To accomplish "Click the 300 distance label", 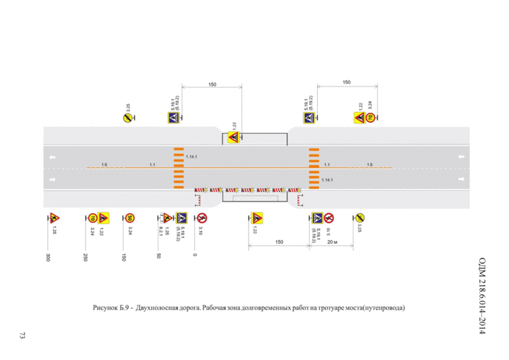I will pyautogui.click(x=47, y=257).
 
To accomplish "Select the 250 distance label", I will pyautogui.click(x=85, y=257).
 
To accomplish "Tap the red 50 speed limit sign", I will pyautogui.click(x=129, y=217).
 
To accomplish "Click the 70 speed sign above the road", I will pyautogui.click(x=369, y=119).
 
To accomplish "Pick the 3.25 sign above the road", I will pyautogui.click(x=127, y=118).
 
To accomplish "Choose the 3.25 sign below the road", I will pyautogui.click(x=358, y=217).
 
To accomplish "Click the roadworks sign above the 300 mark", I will pyautogui.click(x=53, y=217).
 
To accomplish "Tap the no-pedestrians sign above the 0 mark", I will pyautogui.click(x=201, y=217).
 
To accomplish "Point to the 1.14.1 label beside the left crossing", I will pyautogui.click(x=192, y=157).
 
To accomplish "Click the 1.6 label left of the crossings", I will pyautogui.click(x=105, y=165).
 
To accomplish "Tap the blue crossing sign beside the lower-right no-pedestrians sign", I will pyautogui.click(x=317, y=217).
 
